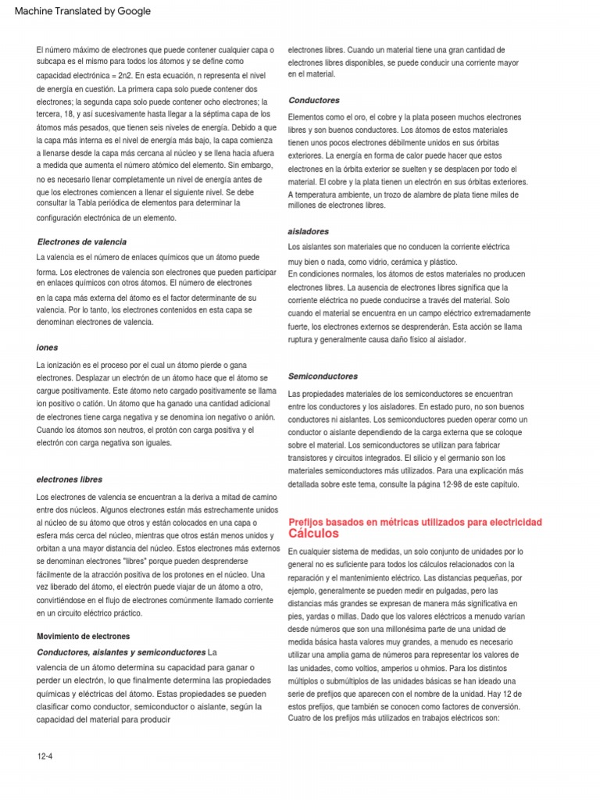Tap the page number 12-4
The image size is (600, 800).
click(45, 756)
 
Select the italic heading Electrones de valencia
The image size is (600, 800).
click(82, 242)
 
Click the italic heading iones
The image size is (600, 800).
click(47, 347)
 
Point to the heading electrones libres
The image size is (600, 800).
click(70, 479)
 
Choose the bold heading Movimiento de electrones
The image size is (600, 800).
click(84, 636)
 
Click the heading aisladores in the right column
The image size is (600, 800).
click(308, 231)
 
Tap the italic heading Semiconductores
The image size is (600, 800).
click(323, 376)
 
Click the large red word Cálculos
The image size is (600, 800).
click(313, 534)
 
